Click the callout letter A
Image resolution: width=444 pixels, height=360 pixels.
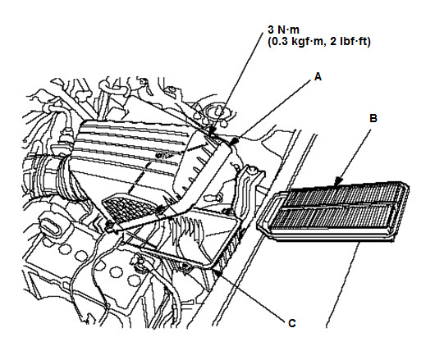318,77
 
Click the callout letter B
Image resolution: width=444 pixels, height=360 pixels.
373,118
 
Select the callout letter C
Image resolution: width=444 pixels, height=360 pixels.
292,323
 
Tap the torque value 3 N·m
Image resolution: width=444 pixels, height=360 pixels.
283,30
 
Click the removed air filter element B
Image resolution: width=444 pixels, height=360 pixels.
333,211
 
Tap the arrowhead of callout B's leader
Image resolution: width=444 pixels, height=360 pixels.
338,182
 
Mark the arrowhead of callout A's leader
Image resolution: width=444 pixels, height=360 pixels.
234,142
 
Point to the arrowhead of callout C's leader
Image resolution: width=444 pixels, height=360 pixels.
217,272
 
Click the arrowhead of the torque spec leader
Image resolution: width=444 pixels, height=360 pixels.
212,131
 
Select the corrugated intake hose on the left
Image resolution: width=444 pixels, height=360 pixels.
48,177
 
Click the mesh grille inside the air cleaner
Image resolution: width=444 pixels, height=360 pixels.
129,209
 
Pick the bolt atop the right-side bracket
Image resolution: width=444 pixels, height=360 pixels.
252,171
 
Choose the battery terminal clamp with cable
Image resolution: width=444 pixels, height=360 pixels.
140,263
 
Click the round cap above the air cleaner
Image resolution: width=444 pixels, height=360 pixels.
218,113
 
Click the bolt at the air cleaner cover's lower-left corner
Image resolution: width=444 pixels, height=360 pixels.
110,226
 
